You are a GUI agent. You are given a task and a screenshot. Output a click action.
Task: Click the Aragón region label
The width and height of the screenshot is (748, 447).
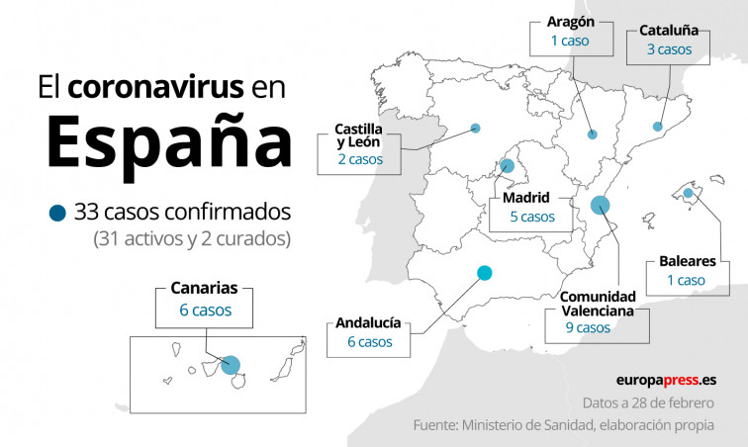click(x=571, y=21)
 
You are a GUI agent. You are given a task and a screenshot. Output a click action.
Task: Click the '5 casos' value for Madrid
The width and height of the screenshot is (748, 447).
click(x=531, y=217)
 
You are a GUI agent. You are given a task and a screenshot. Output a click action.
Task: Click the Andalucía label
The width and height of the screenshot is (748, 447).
click(x=368, y=322)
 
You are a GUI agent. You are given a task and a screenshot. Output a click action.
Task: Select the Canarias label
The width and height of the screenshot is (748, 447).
click(x=204, y=290)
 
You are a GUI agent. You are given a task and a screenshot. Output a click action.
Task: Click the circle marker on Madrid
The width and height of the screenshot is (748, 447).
click(x=508, y=165)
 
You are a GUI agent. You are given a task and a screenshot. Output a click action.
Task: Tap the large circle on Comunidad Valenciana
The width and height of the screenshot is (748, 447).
click(x=600, y=206)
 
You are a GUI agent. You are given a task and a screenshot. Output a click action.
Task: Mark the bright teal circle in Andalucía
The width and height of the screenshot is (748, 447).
click(x=484, y=272)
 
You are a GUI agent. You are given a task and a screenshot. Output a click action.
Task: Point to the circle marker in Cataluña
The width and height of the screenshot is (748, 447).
click(x=657, y=126)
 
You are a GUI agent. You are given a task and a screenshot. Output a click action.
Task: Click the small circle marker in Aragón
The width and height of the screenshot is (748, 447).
click(x=592, y=134)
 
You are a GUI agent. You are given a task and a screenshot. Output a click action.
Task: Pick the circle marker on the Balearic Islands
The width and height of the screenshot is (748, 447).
click(x=687, y=193)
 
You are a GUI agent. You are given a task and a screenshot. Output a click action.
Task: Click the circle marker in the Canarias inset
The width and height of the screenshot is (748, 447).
click(x=232, y=364)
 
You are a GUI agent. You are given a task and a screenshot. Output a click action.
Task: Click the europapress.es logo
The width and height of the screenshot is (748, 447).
click(x=666, y=380)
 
